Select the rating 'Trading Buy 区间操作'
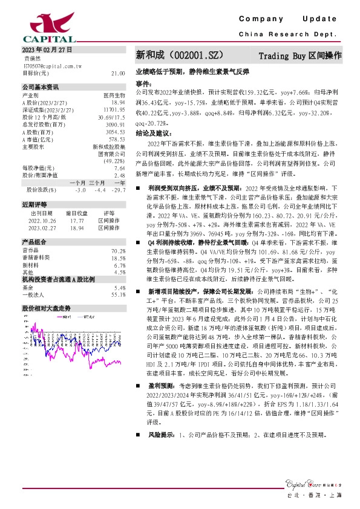pos(299,56)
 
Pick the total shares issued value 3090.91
pos(115,124)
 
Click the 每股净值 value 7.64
pos(119,169)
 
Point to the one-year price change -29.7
pos(119,190)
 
